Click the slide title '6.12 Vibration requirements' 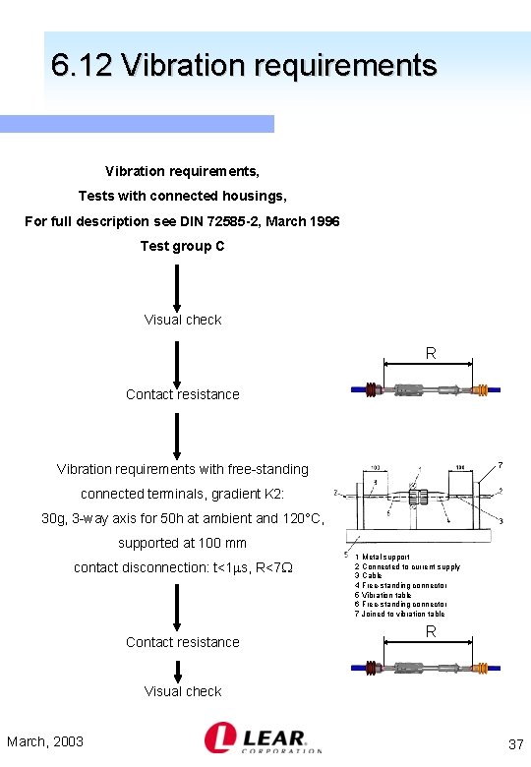click(x=244, y=66)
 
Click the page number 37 click(x=515, y=745)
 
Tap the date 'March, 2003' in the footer click(x=45, y=741)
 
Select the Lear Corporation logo click(x=263, y=737)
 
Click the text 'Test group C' click(x=182, y=246)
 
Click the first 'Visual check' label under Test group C click(x=183, y=320)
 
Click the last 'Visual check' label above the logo click(x=183, y=691)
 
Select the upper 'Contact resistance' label click(x=183, y=394)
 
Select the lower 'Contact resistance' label click(x=183, y=642)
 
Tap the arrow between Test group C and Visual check click(x=177, y=286)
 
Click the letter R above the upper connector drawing click(x=430, y=353)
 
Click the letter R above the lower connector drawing click(x=430, y=632)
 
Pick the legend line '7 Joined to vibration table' click(x=400, y=614)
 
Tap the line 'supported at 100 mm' click(x=183, y=543)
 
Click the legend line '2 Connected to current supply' click(x=408, y=567)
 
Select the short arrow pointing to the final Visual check click(x=178, y=672)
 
